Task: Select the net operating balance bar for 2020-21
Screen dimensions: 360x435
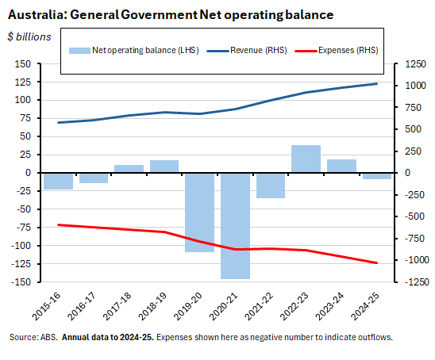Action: click(x=235, y=225)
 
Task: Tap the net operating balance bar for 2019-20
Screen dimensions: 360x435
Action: click(x=199, y=212)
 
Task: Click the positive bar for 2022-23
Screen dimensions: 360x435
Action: click(x=306, y=159)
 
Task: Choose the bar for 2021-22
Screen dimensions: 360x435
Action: click(x=271, y=185)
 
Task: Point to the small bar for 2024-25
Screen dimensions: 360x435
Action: click(x=376, y=175)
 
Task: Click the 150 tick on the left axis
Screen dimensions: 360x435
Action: click(x=26, y=63)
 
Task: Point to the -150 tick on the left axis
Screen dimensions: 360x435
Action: click(x=24, y=281)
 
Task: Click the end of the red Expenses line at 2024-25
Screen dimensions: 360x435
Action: click(x=376, y=263)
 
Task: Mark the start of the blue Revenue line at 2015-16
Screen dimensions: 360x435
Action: click(x=59, y=122)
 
